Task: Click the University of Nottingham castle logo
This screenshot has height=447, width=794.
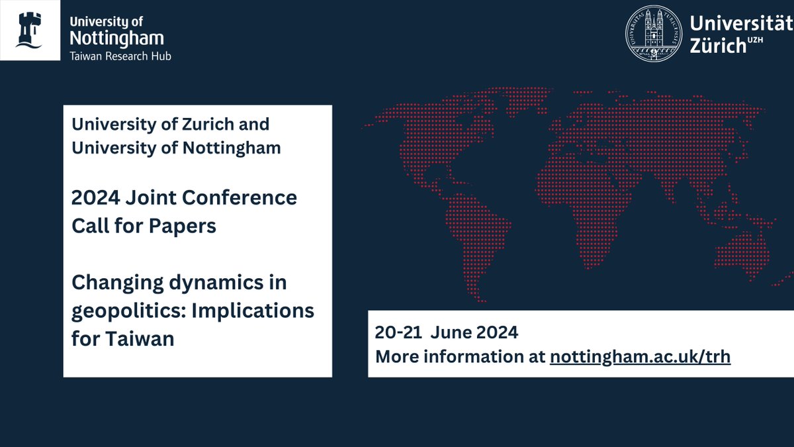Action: (x=29, y=30)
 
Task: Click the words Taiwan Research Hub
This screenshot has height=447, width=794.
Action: (x=120, y=56)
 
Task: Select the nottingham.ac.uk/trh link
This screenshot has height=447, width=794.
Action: (x=640, y=356)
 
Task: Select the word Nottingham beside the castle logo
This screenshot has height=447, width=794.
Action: (x=116, y=38)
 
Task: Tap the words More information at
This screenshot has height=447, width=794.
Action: (x=460, y=356)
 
